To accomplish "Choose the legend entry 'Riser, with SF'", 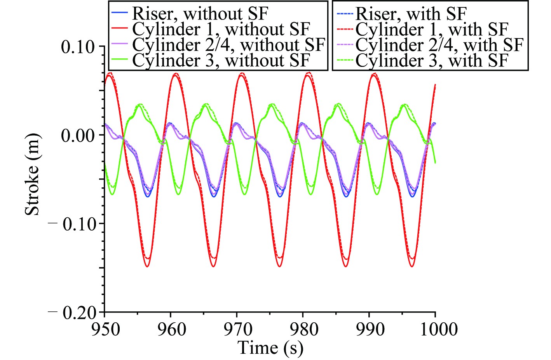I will [x=411, y=14].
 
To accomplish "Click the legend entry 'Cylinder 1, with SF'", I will [x=432, y=30].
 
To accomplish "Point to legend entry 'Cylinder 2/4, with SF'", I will [x=439, y=45].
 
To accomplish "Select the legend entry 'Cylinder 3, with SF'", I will [x=432, y=61].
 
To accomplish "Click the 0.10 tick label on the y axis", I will [x=78, y=47].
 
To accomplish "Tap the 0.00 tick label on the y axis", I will [x=78, y=136].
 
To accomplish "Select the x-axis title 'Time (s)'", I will [x=270, y=347].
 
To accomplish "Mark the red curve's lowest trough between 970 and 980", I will [x=279, y=266].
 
